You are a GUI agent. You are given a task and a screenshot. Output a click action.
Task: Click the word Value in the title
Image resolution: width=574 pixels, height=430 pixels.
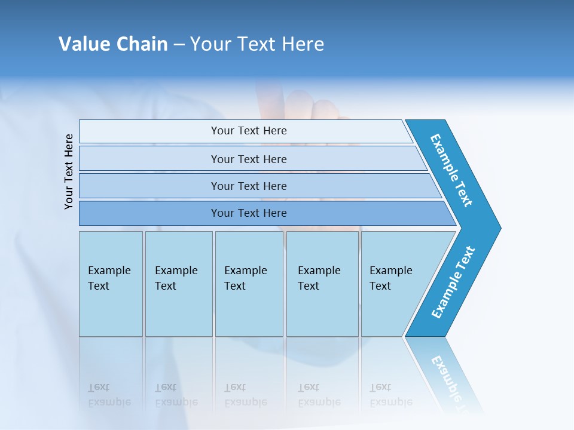coord(84,44)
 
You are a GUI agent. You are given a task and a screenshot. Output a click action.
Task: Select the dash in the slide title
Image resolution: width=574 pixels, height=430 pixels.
coord(179,45)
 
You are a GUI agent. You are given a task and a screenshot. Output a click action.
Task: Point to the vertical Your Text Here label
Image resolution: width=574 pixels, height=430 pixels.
coord(69,171)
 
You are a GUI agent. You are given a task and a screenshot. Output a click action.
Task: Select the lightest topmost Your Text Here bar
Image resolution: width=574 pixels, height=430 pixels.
coord(248,131)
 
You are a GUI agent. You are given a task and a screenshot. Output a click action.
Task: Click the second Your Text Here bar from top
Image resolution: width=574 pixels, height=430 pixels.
coord(248,159)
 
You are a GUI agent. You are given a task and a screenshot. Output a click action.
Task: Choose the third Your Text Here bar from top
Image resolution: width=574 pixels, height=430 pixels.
coord(248,186)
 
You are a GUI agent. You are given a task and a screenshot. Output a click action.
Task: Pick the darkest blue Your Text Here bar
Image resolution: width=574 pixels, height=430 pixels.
coord(248,213)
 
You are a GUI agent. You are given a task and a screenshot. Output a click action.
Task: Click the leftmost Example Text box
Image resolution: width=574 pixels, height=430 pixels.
coord(111,284)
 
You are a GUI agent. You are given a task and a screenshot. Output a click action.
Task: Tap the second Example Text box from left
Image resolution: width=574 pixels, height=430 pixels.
coord(178,284)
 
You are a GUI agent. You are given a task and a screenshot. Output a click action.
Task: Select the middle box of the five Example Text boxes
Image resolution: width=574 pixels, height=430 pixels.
coord(249,284)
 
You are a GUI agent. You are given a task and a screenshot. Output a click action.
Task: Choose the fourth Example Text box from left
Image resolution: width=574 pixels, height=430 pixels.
coord(322,284)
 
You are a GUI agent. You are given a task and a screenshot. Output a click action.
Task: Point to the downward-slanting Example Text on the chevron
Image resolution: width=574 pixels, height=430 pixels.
coord(452,170)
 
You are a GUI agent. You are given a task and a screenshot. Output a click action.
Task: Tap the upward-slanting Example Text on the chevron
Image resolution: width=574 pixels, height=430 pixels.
coord(453,282)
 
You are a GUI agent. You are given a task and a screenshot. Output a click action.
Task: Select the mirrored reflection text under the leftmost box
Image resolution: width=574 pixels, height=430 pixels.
coord(109,395)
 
